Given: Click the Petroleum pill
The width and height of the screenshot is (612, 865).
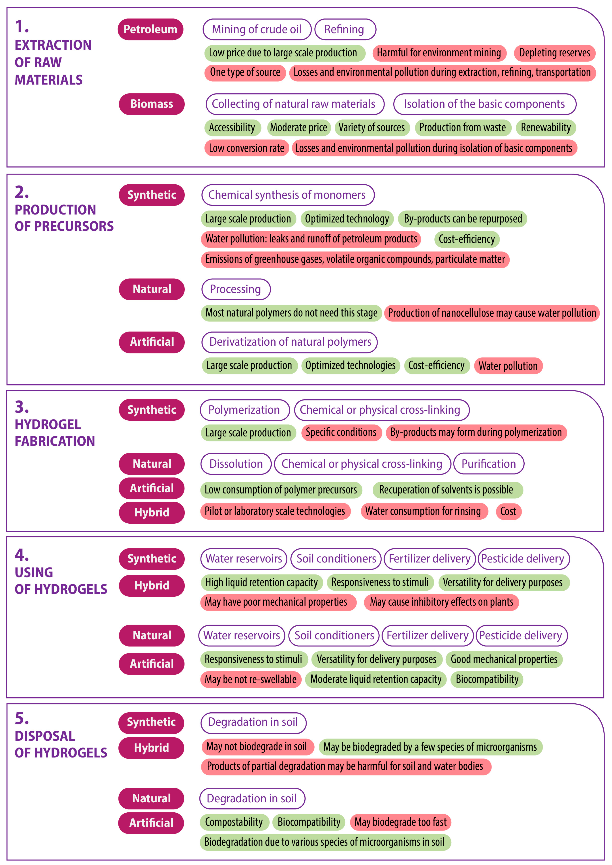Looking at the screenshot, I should pyautogui.click(x=150, y=29).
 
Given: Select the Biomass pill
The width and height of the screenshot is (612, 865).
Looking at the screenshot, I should pyautogui.click(x=151, y=104).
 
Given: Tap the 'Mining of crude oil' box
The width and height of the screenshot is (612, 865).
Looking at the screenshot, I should pyautogui.click(x=257, y=29).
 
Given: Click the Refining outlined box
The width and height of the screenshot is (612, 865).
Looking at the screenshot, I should pyautogui.click(x=345, y=29).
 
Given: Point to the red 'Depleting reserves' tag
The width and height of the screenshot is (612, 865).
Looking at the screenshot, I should pyautogui.click(x=554, y=53).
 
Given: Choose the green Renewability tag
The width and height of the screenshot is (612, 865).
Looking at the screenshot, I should pyautogui.click(x=546, y=127).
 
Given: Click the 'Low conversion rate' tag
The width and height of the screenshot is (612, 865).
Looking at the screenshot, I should pyautogui.click(x=247, y=148).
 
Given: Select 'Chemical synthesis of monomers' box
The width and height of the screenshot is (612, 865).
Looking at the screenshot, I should pyautogui.click(x=287, y=195).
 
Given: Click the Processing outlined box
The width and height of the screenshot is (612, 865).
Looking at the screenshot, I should pyautogui.click(x=236, y=289).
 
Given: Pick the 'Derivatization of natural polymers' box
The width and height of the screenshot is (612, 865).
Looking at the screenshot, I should pyautogui.click(x=289, y=342).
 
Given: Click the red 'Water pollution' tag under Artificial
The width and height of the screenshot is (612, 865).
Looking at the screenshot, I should pyautogui.click(x=508, y=366).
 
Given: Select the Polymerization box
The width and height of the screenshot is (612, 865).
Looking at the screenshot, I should pyautogui.click(x=244, y=410).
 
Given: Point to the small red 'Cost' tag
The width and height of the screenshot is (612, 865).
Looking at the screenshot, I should pyautogui.click(x=508, y=511).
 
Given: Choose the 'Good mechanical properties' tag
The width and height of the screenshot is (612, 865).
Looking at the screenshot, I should pyautogui.click(x=504, y=659).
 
